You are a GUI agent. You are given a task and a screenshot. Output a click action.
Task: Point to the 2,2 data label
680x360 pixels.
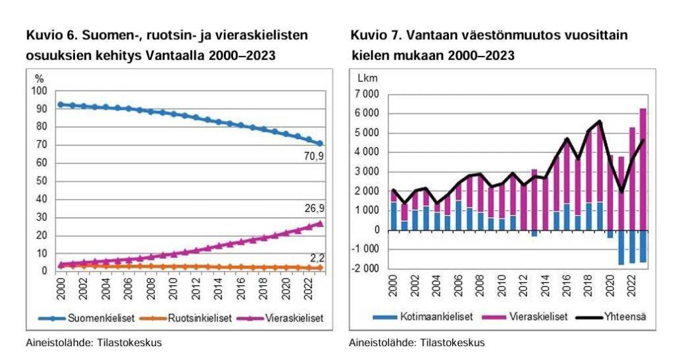[317, 256]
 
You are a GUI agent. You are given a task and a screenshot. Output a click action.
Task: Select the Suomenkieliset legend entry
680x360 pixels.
[97, 318]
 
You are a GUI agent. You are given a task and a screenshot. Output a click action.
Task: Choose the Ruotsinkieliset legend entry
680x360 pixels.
[196, 318]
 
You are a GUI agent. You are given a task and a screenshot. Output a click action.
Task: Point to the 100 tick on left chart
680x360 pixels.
[41, 91]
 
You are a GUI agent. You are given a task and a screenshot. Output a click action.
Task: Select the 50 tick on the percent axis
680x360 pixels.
[43, 181]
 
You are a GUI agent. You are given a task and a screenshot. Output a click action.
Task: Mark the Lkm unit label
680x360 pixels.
[367, 78]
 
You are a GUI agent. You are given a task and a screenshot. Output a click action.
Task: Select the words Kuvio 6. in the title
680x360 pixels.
[50, 35]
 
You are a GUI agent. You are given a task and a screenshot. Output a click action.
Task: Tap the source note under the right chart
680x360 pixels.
[417, 343]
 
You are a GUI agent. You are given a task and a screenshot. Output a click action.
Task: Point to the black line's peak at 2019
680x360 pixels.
[600, 121]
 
